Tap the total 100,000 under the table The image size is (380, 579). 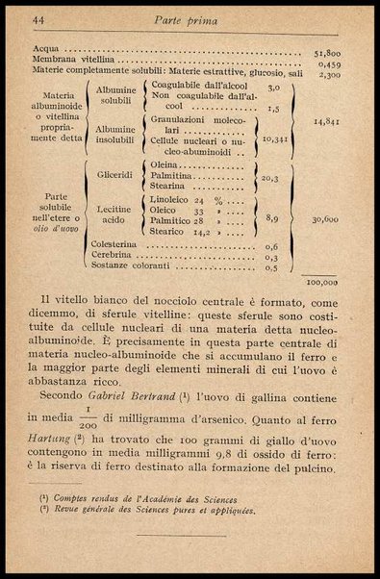pyautogui.click(x=321, y=283)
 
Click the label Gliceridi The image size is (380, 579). pyautogui.click(x=114, y=175)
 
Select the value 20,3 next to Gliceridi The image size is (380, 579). pyautogui.click(x=269, y=178)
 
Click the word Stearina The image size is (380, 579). pyautogui.click(x=170, y=189)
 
